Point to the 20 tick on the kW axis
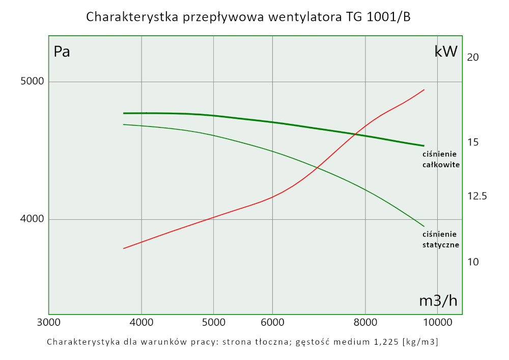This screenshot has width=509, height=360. pos(473,58)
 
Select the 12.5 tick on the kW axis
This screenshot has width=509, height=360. pos(477,196)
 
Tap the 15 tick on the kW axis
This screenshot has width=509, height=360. pos(473,142)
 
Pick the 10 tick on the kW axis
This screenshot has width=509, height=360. pos(473,262)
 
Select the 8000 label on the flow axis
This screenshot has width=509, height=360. pos(365,323)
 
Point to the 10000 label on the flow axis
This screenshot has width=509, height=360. pos(438,323)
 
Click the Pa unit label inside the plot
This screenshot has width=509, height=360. pos(62,52)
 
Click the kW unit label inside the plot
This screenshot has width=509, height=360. pos(446,52)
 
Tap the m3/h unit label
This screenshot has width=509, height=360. pos(438,301)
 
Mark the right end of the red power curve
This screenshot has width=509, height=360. pos(424,90)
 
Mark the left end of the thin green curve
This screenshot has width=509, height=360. pos(124,124)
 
